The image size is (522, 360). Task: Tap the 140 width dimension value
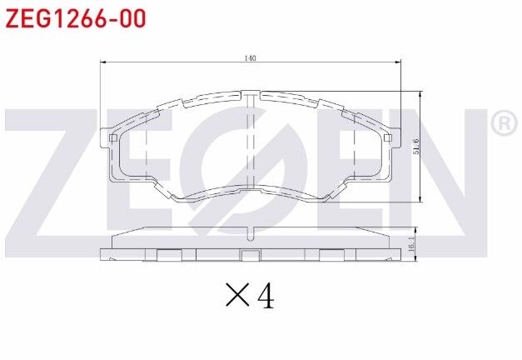[x=250, y=58]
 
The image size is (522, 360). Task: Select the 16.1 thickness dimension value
[x=411, y=245]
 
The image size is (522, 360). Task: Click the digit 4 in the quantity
[x=266, y=294]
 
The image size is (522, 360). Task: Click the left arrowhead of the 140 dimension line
[x=103, y=62]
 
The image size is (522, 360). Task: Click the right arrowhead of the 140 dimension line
[x=397, y=62]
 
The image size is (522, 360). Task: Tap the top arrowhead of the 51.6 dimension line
[x=420, y=93]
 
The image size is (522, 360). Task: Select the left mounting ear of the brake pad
[x=108, y=139]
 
